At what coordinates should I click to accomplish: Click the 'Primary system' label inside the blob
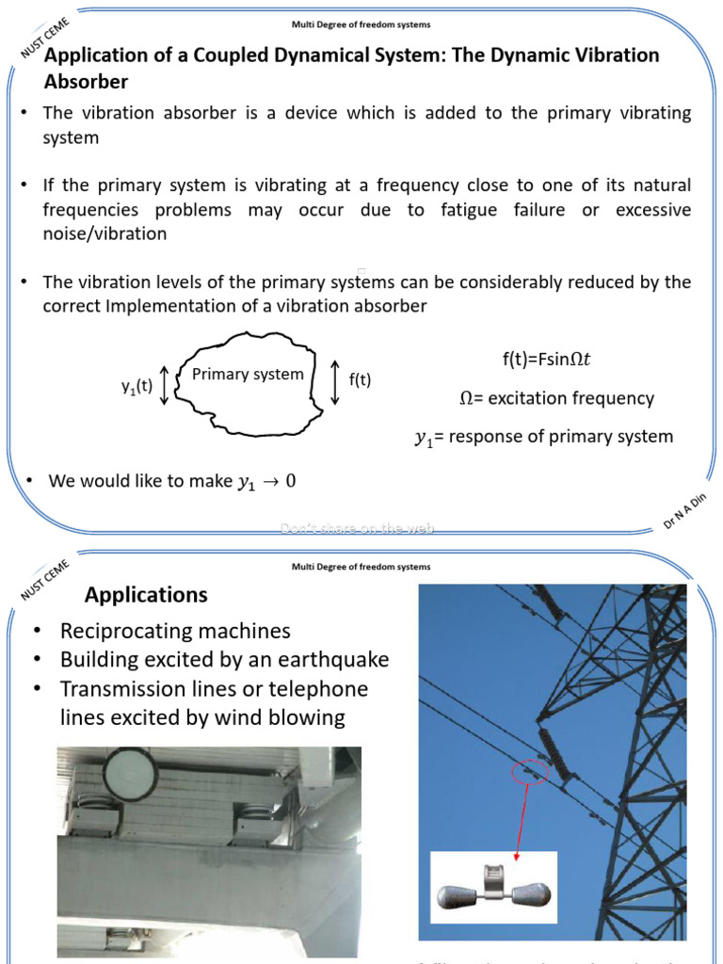[x=248, y=375]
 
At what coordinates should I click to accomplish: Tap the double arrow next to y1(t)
[x=165, y=386]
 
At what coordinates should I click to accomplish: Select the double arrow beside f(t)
[x=336, y=380]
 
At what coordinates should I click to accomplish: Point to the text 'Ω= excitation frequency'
[x=556, y=398]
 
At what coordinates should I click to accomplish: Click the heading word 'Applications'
[x=146, y=595]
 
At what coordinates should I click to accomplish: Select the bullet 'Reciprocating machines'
[x=175, y=631]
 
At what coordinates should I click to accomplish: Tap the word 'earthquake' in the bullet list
[x=335, y=660]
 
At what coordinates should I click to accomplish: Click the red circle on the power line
[x=526, y=774]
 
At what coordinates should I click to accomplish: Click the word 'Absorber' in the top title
[x=86, y=81]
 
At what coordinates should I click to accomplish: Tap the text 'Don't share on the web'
[x=358, y=529]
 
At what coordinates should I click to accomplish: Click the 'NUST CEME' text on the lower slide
[x=44, y=580]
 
